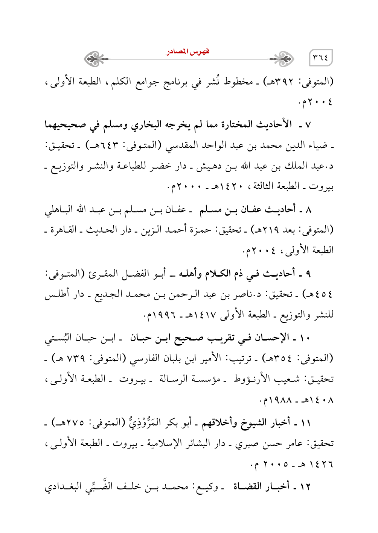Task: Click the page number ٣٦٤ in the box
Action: (x=320, y=58)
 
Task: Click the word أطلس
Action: (x=57, y=294)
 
